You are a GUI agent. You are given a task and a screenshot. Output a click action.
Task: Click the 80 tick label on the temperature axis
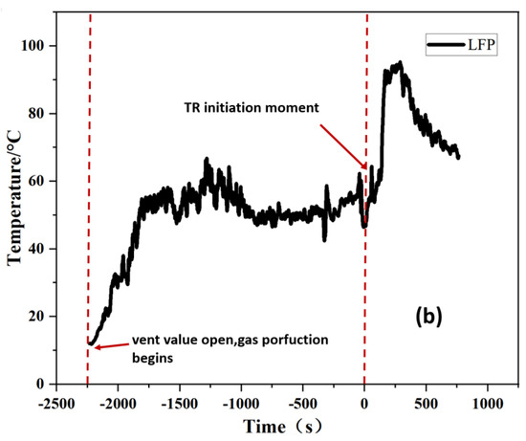coord(44,114)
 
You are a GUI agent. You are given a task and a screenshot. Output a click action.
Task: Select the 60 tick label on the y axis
coord(44,181)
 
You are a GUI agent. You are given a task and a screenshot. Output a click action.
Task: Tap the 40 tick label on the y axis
coord(44,249)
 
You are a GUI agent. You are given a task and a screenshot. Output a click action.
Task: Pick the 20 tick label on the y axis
coord(44,317)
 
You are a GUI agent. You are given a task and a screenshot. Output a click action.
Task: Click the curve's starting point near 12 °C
coord(90,342)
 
